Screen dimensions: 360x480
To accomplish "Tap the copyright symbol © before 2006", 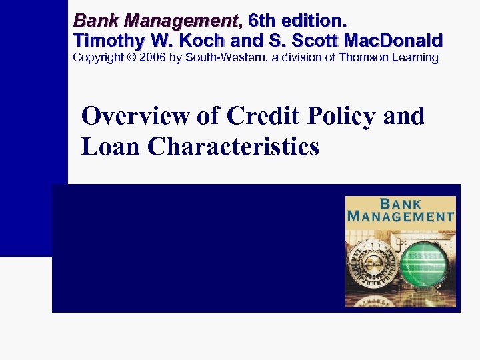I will point(131,57).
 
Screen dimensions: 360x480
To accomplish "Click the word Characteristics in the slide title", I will point(234,146).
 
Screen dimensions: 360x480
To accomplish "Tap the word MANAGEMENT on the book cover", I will point(401,216).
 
